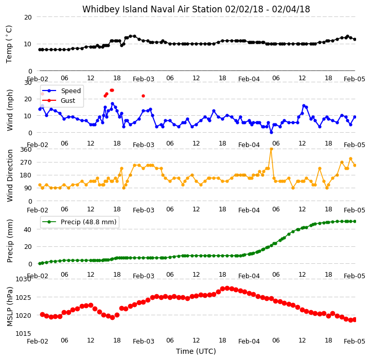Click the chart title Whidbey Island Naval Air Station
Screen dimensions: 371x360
point(152,9)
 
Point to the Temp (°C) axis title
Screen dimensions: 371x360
point(9,44)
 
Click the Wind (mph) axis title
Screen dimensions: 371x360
point(10,110)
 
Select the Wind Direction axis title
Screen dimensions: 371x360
point(10,175)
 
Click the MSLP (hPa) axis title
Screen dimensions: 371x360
point(10,307)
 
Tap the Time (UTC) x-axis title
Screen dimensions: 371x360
point(196,351)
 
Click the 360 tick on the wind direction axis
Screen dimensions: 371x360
point(26,150)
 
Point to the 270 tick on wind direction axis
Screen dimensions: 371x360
point(26,163)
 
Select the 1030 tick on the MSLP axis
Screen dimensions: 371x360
point(24,279)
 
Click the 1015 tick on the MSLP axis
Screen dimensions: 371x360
point(24,333)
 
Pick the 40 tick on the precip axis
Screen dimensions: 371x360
point(28,230)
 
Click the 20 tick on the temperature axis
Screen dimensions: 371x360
point(28,17)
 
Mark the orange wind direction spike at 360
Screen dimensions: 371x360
point(271,149)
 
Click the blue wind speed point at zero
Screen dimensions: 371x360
point(271,133)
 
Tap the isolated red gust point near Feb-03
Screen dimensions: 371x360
point(143,96)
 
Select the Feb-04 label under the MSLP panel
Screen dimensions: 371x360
point(249,341)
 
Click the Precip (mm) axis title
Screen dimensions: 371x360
point(10,241)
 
